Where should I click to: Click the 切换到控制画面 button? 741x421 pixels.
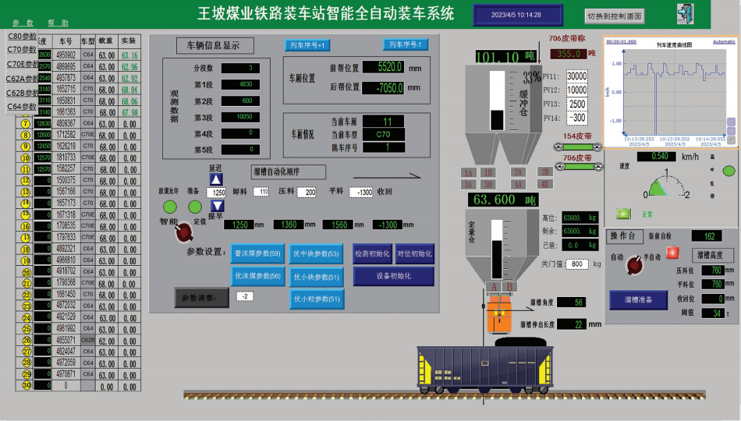click(615, 16)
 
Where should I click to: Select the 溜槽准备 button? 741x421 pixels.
click(638, 299)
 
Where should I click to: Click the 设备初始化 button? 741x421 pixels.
click(393, 276)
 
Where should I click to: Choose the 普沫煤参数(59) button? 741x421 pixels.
click(257, 253)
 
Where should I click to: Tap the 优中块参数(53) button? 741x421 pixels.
click(316, 253)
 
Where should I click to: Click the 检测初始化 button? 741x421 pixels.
click(372, 253)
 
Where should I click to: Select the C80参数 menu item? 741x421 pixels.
click(22, 36)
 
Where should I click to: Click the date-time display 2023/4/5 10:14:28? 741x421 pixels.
click(516, 15)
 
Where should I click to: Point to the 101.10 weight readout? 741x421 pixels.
click(497, 57)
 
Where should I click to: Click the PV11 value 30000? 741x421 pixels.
click(576, 76)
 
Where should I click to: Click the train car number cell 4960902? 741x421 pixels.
click(66, 55)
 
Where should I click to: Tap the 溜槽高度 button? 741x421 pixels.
click(714, 254)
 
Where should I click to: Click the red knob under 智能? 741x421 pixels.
click(185, 232)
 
